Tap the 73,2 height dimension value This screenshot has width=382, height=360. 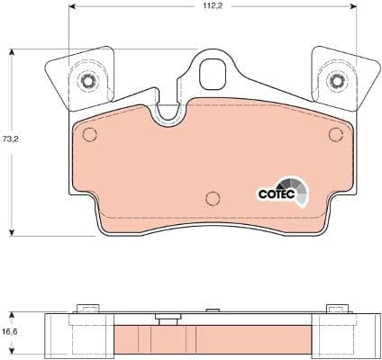[11, 140]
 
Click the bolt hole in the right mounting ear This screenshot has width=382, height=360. [337, 82]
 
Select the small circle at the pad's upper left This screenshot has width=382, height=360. [89, 135]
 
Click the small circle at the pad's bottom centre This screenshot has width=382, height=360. [212, 199]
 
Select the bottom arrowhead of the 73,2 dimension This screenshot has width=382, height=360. [11, 232]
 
